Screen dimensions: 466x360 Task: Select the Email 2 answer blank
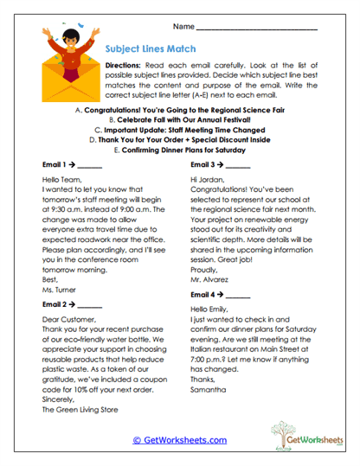pos(89,306)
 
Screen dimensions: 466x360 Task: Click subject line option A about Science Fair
pos(179,112)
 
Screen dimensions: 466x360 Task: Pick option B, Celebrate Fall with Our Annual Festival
pos(179,120)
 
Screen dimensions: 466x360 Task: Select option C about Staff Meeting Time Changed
pos(179,130)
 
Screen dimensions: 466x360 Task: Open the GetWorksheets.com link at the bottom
pos(179,440)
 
